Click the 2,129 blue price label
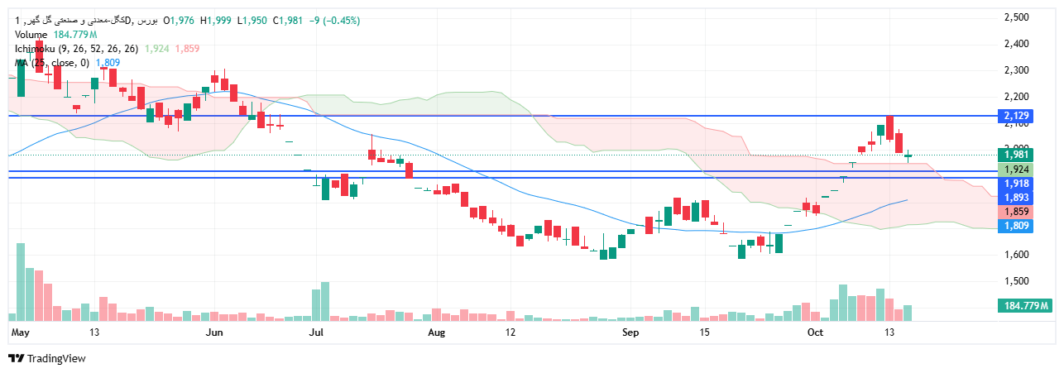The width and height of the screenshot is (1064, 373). [x=1016, y=116]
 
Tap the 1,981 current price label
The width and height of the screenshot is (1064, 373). [x=1016, y=155]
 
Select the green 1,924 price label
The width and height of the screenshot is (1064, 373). [x=1016, y=169]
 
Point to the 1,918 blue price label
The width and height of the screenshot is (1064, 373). [x=1016, y=184]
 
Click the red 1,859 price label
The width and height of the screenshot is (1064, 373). [x=1016, y=212]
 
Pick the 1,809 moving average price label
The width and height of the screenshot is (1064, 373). [x=1016, y=226]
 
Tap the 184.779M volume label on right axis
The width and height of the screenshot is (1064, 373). [x=1026, y=306]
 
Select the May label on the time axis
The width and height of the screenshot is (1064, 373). [x=22, y=332]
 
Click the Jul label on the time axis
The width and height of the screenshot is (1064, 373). [x=314, y=332]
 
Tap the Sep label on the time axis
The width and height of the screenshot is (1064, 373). [x=630, y=332]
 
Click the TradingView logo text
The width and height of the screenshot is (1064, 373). [x=56, y=359]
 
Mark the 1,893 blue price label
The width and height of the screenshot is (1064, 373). [x=1016, y=198]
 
